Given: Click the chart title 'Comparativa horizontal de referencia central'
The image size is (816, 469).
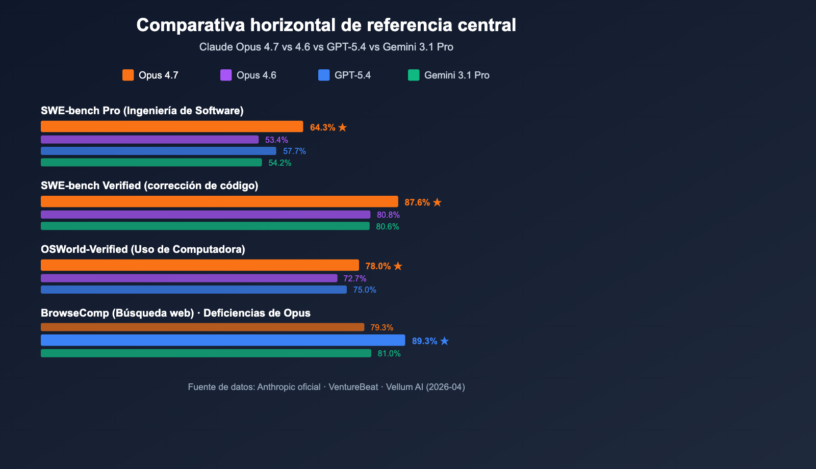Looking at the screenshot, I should [326, 25].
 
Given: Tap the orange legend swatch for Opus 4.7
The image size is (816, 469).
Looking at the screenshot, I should [128, 75].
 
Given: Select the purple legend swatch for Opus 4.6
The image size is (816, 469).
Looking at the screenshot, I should [226, 75].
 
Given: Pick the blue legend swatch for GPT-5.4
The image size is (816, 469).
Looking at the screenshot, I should [324, 75].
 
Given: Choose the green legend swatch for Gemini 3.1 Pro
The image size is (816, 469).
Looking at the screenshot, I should [414, 75].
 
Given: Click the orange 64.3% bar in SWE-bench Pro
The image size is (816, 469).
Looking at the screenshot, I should [172, 126].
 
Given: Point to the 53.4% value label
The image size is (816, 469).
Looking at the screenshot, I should [276, 140].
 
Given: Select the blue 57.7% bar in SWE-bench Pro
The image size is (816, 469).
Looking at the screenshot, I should [158, 151].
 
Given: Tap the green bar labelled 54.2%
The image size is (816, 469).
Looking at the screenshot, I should [151, 163].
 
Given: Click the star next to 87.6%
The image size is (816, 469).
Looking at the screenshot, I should [437, 202].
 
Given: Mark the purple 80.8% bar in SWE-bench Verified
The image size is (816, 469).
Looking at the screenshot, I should [206, 215].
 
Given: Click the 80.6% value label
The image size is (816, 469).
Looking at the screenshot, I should [388, 226].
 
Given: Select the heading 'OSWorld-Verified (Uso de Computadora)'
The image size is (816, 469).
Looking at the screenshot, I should [143, 249].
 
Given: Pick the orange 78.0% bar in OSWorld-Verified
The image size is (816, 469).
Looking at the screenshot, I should [200, 265].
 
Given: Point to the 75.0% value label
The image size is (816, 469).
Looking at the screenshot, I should [365, 290].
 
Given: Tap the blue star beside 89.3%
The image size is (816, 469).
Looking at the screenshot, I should [444, 341].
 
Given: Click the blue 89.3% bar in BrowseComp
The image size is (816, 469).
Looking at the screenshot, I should [223, 340].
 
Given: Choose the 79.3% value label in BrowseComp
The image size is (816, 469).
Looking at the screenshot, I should [382, 327].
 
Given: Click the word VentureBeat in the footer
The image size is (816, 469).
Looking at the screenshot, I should [353, 387].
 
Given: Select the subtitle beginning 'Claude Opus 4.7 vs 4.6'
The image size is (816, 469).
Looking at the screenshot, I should [326, 47].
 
